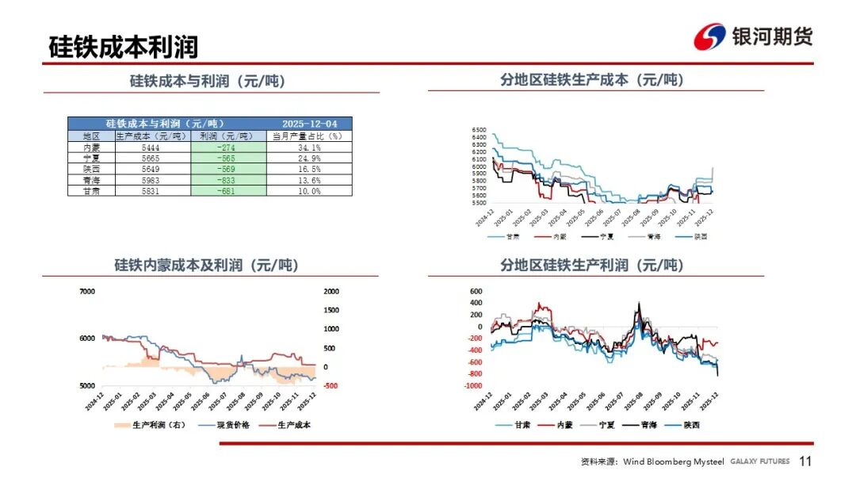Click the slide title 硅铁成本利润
point(123,46)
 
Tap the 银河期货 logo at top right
point(753,36)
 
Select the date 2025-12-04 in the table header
point(309,124)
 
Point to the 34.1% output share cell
point(309,147)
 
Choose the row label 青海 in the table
point(91,181)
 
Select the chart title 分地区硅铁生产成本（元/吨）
point(592,80)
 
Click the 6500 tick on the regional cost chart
point(478,129)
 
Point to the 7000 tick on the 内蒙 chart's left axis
point(86,292)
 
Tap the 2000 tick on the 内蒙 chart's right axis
point(331,292)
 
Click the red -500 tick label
point(331,386)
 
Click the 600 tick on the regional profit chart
point(476,290)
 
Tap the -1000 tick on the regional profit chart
point(472,386)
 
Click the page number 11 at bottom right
point(805,461)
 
